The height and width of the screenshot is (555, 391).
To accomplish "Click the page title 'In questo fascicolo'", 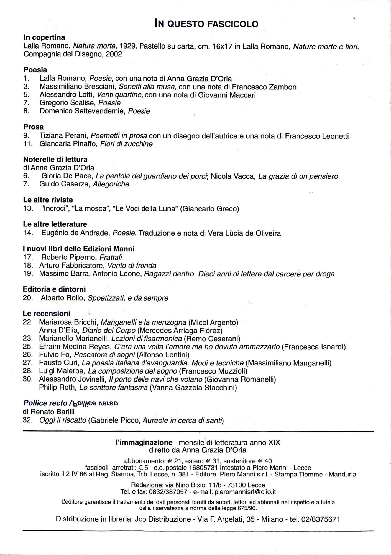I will click(x=206, y=24).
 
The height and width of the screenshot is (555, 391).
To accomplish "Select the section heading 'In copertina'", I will click(x=44, y=37).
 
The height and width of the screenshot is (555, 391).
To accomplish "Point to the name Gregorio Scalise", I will click(x=68, y=103).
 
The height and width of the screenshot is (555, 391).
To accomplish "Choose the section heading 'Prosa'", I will click(x=34, y=127).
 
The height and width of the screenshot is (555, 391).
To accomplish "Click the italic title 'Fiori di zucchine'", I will click(x=126, y=144).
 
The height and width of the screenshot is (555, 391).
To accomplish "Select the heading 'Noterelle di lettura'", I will click(x=55, y=160).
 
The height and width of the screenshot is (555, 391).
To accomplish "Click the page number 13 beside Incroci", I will click(x=28, y=209).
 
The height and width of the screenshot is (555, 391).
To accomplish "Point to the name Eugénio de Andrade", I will click(x=76, y=233).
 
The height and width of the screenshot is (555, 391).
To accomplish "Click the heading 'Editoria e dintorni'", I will click(x=54, y=289).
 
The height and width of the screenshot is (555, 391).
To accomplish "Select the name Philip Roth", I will click(x=58, y=387).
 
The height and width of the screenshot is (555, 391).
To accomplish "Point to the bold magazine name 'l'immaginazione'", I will click(x=144, y=443).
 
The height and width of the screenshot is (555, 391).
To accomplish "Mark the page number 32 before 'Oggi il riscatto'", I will click(x=28, y=420).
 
